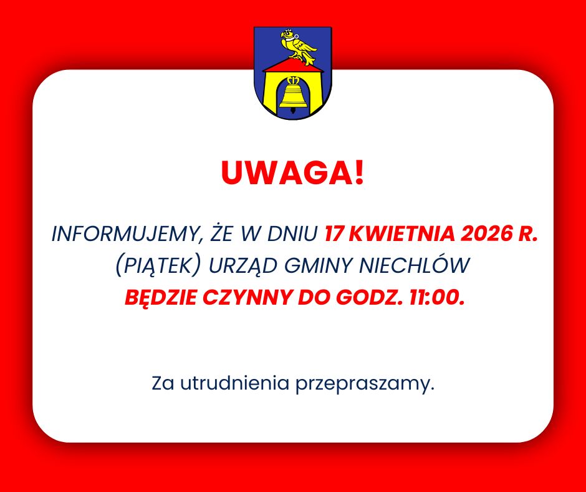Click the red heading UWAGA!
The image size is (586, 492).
pos(292,174)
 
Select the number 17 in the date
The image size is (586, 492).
pos(334,235)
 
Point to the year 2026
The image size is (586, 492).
pos(487,235)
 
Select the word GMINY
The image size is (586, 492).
pos(320,266)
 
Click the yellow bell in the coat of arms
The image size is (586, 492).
pos(292,95)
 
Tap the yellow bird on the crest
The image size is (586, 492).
pos(299,46)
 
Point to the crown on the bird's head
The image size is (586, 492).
pos(288,32)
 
